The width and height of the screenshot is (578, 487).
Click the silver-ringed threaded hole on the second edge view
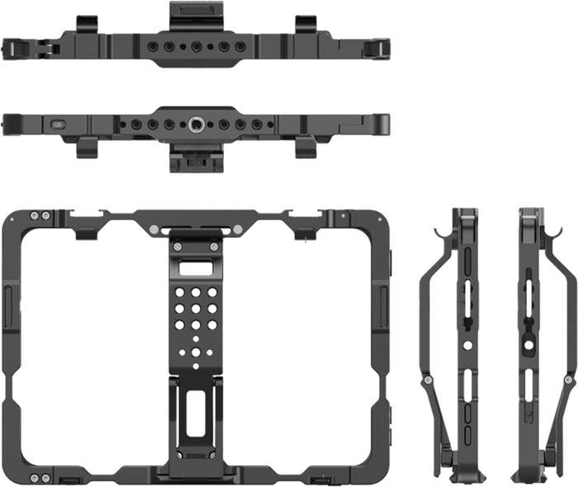coord(197,125)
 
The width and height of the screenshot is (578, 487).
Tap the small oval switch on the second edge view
coord(58,125)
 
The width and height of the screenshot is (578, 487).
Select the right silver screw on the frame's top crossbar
coord(237,229)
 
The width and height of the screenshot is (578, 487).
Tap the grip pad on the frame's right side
coord(384,305)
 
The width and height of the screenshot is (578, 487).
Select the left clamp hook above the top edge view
coord(88,23)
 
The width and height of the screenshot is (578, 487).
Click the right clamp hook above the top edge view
coord(305,23)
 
